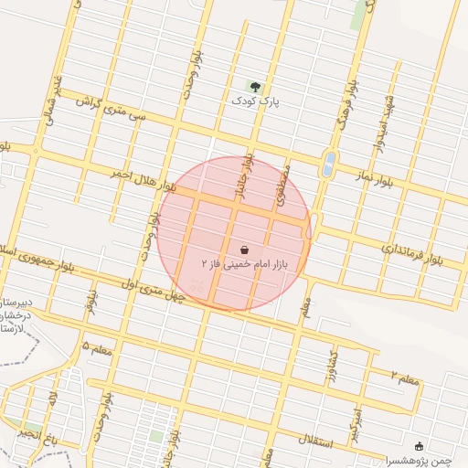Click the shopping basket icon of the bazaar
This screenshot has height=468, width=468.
coord(244,250)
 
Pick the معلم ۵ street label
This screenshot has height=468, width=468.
coord(98,348)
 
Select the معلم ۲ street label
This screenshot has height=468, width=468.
coord(405,378)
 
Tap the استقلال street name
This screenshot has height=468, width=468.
coord(341,443)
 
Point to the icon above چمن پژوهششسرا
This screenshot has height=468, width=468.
coord(420,446)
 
